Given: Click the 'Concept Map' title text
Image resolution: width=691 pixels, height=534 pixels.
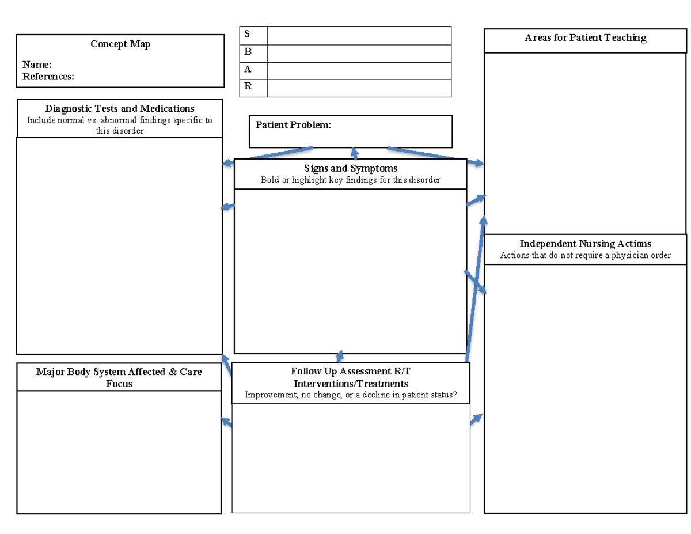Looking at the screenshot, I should tap(120, 44).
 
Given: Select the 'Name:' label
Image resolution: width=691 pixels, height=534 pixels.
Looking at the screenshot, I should tap(37, 65).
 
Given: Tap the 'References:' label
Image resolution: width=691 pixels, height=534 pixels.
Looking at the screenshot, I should tap(48, 77).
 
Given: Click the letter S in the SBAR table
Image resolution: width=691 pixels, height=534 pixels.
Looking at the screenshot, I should tap(248, 35).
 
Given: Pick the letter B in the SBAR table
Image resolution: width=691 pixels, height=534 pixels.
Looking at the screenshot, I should tap(248, 52).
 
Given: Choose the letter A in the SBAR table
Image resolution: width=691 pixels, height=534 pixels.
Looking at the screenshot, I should tap(248, 69).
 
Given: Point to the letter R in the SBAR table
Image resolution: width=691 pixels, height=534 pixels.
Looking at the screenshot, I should tap(248, 86).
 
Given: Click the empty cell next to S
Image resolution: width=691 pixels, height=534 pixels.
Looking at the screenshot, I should tap(359, 35).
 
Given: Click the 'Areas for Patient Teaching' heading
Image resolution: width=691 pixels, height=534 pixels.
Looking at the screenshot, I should tap(586, 38).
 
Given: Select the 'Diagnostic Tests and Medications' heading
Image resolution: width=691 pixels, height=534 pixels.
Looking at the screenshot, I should tap(120, 108).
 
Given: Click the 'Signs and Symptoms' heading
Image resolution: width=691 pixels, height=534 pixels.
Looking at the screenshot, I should tap(351, 168).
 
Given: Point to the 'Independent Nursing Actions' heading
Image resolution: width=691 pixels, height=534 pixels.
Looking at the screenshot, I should tap(586, 244).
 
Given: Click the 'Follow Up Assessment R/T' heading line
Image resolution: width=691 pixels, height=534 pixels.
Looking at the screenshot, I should tap(351, 372).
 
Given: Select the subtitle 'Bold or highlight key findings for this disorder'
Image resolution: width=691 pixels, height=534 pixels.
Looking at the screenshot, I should tap(351, 180).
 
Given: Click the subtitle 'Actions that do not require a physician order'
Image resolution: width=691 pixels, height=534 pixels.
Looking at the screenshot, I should tap(586, 255).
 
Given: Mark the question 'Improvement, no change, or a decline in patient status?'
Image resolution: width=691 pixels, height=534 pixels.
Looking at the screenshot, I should tap(351, 395).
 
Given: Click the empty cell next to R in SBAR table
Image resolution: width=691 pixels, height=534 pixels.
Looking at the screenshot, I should tap(359, 88).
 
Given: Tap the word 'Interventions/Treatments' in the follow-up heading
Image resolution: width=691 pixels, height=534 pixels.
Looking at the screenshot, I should tap(351, 383).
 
